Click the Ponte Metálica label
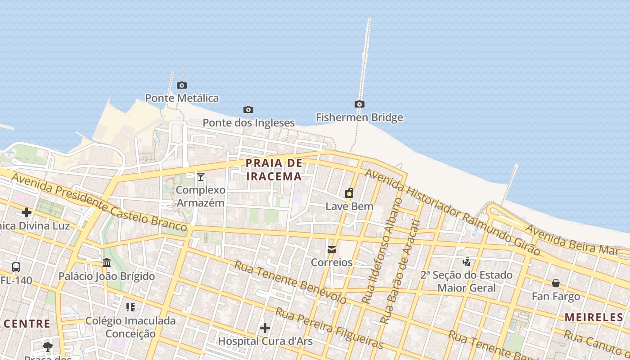[182, 98]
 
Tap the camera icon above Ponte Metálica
[182, 85]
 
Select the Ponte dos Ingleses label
[248, 122]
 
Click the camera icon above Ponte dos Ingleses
[248, 109]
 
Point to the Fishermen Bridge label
[359, 117]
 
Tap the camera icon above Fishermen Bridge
[359, 104]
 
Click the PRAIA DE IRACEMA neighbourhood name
[274, 170]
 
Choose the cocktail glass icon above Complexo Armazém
[201, 177]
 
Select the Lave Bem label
[349, 207]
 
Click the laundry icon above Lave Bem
[349, 193]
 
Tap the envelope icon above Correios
[332, 249]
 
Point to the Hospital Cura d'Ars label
[265, 341]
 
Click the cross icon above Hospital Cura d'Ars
[265, 328]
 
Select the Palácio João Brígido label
[107, 276]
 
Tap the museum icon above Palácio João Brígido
[107, 262]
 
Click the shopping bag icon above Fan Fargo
[556, 283]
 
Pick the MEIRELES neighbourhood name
[594, 317]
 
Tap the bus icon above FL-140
[16, 267]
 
